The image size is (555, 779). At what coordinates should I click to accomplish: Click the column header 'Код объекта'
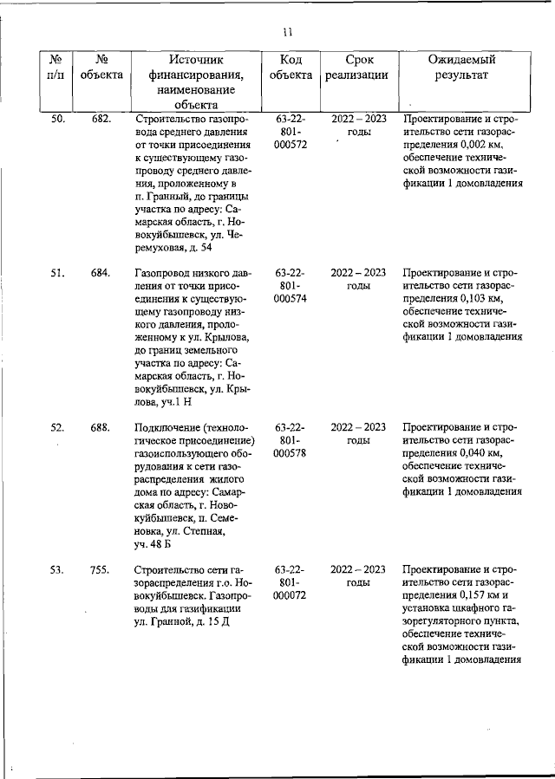(x=291, y=68)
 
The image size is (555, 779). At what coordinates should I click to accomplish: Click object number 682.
(x=101, y=119)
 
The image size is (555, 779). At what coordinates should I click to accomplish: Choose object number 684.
(x=101, y=273)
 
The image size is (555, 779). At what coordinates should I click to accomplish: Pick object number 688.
(x=101, y=427)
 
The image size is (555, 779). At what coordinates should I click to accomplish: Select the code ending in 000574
(x=291, y=299)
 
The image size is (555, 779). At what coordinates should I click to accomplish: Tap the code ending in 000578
(x=291, y=453)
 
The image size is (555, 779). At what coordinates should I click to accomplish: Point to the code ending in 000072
(x=291, y=595)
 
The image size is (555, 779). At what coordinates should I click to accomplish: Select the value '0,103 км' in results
(x=474, y=299)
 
